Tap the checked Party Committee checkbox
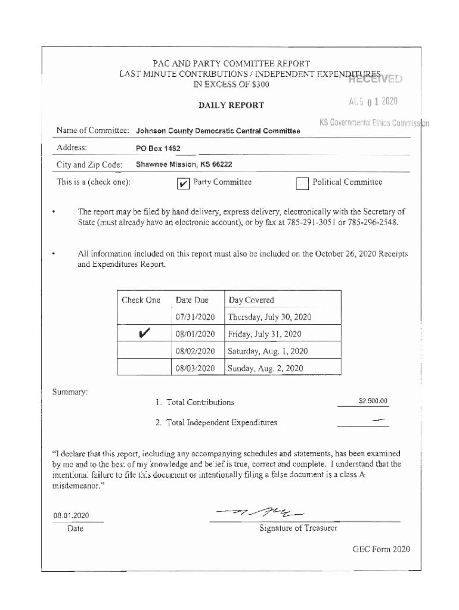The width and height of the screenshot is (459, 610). coord(184,183)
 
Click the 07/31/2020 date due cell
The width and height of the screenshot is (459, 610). coord(195,317)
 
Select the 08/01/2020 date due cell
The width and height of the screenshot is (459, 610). coord(195,334)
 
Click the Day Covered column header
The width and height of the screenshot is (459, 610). coord(251,300)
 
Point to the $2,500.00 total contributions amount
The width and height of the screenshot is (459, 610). coord(373,402)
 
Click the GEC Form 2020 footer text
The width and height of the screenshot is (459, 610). coord(381,549)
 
